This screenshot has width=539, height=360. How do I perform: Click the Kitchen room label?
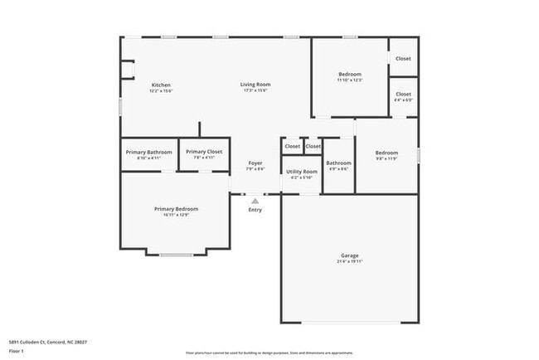161,85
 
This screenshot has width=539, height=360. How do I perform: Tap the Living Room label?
255,85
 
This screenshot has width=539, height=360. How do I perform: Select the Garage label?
349,255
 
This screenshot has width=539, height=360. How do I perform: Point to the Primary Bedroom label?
176,208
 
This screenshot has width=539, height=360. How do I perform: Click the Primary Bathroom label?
149,152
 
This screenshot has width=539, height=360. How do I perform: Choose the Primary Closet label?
203,152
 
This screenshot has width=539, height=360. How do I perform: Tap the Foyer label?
255,163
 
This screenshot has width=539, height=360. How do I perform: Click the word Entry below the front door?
255,210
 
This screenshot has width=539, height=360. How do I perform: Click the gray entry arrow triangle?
255,200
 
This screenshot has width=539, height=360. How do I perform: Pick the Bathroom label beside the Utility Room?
338,163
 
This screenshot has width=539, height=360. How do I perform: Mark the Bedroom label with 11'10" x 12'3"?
349,75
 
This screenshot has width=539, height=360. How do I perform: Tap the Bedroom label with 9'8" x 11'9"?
386,153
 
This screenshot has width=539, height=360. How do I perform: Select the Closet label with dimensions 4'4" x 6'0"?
403,95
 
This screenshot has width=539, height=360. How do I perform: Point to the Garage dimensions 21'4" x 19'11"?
349,261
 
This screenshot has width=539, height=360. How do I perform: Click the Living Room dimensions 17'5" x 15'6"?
255,91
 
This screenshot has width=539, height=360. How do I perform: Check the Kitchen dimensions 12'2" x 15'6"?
161,91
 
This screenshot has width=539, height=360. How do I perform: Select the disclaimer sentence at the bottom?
269,353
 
